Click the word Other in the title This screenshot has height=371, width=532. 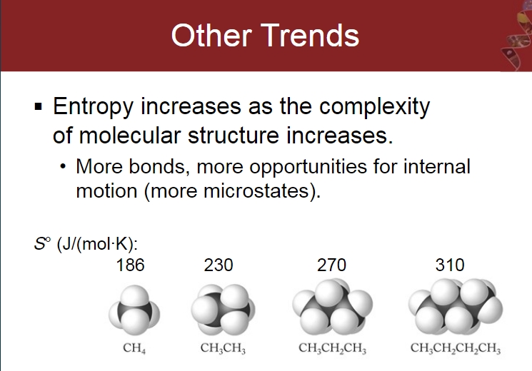(x=211, y=36)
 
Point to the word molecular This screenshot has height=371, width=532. (x=129, y=136)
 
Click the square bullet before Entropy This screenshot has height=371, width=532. (x=39, y=107)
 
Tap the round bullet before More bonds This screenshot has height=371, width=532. (x=62, y=166)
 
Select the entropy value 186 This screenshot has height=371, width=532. (x=130, y=265)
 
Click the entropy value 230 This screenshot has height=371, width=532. (x=219, y=265)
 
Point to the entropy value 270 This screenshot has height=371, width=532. (x=331, y=265)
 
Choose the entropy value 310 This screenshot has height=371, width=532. (x=450, y=265)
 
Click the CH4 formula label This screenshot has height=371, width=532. (x=134, y=348)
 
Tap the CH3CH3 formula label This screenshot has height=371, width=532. (x=223, y=348)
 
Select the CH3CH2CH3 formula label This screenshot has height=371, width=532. (x=333, y=348)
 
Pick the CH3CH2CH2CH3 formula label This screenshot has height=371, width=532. (x=456, y=348)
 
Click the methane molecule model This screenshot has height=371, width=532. (x=134, y=310)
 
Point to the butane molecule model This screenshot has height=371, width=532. (x=456, y=307)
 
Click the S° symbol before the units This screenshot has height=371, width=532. (x=42, y=243)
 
